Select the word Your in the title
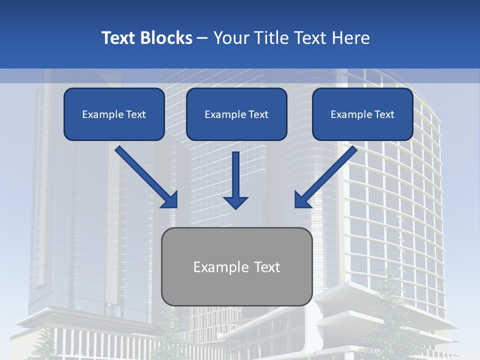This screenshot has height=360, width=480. pyautogui.click(x=231, y=38)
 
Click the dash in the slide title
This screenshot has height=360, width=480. pyautogui.click(x=202, y=38)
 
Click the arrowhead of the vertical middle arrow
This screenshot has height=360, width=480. pyautogui.click(x=235, y=202)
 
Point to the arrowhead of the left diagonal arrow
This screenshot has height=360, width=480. pyautogui.click(x=170, y=200)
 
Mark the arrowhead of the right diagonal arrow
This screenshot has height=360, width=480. pyautogui.click(x=302, y=200)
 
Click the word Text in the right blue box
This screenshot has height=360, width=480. pyautogui.click(x=384, y=114)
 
